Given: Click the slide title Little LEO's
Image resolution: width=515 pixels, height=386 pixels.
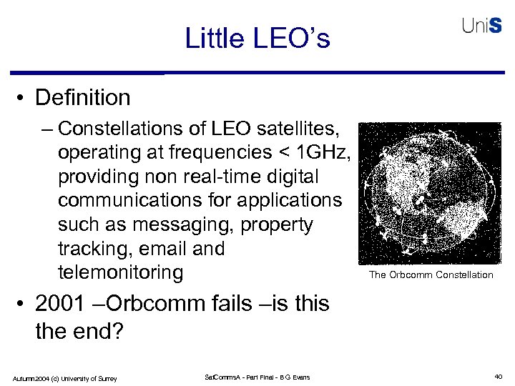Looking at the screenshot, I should click(x=257, y=38).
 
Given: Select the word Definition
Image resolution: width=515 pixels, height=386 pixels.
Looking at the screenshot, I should click(x=82, y=97).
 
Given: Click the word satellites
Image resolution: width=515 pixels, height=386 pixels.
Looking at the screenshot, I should click(x=304, y=129).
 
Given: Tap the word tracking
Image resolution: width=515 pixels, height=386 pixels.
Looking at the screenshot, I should click(x=90, y=249).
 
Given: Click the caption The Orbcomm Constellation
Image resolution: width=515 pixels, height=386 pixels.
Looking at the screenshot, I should click(x=431, y=275).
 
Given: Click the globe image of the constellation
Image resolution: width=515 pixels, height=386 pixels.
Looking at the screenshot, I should click(x=430, y=194).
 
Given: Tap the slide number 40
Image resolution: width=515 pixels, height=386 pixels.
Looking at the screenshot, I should click(x=498, y=377).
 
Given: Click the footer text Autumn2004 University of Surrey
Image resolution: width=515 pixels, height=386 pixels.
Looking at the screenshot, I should click(x=64, y=377).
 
